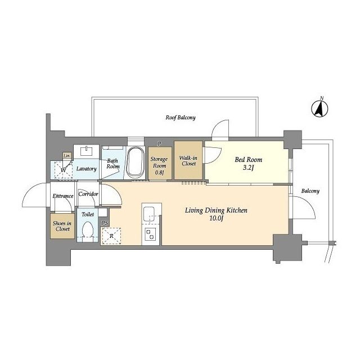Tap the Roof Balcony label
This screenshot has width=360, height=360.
click(181, 118)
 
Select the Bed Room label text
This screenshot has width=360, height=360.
click(248, 160)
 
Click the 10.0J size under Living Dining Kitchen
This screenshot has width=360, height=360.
click(216, 218)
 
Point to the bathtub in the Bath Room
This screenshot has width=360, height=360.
click(136, 163)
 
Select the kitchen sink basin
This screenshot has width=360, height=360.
click(148, 213)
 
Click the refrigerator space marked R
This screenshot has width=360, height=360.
click(111, 236)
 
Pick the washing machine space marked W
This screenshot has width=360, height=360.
click(64, 170)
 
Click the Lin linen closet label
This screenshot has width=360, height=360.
click(66, 156)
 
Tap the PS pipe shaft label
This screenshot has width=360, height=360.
click(105, 223)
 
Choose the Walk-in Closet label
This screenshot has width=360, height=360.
click(188, 161)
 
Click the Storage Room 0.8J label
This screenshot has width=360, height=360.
click(159, 165)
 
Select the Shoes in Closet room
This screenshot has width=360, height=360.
click(62, 226)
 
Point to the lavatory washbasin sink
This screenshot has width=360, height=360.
click(86, 151)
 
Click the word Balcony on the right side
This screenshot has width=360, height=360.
click(310, 191)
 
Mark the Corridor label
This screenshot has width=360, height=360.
click(88, 194)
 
